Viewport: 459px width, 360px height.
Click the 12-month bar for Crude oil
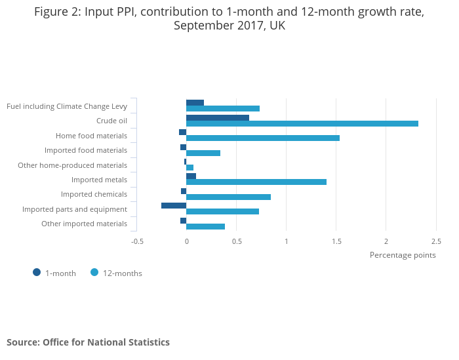[x=302, y=123]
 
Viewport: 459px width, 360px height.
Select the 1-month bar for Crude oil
[x=217, y=118]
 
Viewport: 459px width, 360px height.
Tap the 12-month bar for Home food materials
[x=262, y=138]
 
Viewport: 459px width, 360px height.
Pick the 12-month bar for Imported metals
[x=256, y=182]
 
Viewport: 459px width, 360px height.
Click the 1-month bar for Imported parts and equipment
[x=174, y=205]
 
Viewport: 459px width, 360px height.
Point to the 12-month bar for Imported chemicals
[x=228, y=197]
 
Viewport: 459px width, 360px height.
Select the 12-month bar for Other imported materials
[x=205, y=226]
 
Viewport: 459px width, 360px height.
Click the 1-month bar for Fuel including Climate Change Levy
[x=195, y=103]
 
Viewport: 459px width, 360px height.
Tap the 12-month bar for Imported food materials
[x=203, y=153]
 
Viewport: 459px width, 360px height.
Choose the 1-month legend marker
[x=37, y=273]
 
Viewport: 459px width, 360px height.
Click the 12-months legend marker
[x=94, y=273]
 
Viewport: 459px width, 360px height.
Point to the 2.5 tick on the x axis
[x=436, y=241]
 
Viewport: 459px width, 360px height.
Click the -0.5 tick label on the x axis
[x=137, y=241]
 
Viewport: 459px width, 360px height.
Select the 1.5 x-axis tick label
[x=336, y=241]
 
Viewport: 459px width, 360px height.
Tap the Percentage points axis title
[x=403, y=255]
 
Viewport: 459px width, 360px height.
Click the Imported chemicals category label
[x=94, y=194]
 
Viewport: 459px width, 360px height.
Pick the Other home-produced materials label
[x=72, y=165]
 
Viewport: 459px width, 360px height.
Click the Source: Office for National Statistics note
[x=88, y=342]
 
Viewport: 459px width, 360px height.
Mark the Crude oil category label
[x=111, y=121]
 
